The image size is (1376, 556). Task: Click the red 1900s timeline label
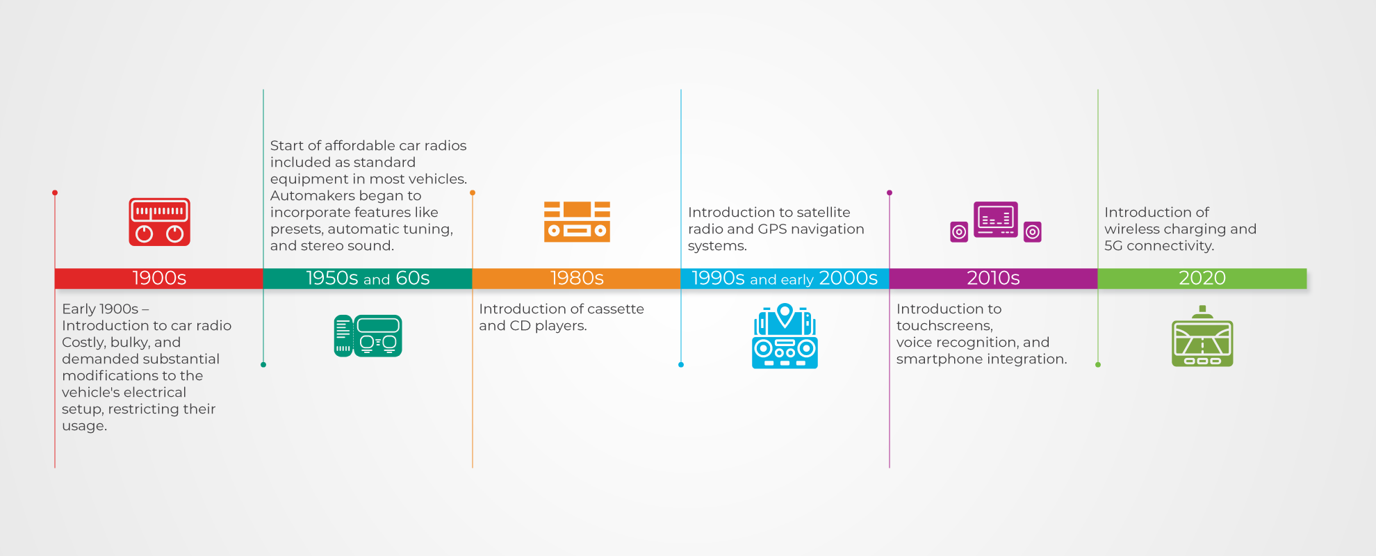(159, 278)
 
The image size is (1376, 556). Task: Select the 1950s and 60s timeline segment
(368, 278)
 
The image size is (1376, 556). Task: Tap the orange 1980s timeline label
(577, 278)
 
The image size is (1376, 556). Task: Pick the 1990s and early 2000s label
(785, 278)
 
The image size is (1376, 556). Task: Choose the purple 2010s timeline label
(993, 278)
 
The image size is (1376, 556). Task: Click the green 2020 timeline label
(1202, 278)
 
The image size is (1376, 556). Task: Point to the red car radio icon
(159, 222)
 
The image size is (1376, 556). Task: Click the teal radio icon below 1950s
(368, 336)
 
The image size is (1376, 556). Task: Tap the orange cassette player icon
(577, 222)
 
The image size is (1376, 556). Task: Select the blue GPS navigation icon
(785, 336)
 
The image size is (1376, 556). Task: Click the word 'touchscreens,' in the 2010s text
(944, 326)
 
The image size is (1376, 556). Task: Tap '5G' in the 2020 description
(1113, 246)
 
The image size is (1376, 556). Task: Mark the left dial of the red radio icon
(144, 234)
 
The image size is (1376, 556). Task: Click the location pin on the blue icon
(785, 314)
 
